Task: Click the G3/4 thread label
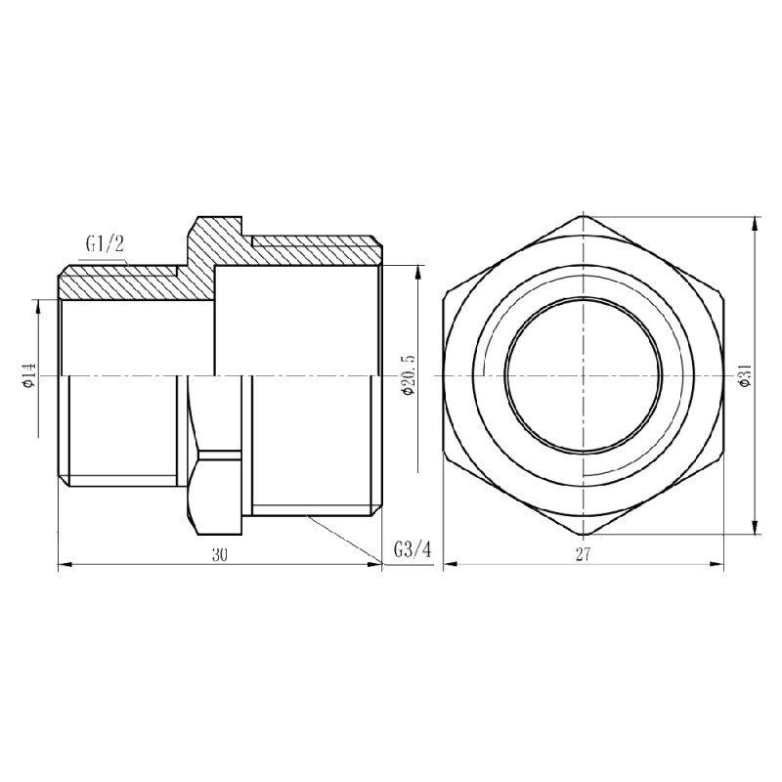(x=412, y=549)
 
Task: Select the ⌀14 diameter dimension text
(x=29, y=374)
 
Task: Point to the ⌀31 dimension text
(x=745, y=374)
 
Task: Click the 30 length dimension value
(x=219, y=554)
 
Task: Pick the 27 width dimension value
(x=583, y=554)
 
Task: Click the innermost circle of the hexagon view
(x=583, y=375)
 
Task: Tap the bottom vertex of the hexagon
(x=583, y=536)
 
